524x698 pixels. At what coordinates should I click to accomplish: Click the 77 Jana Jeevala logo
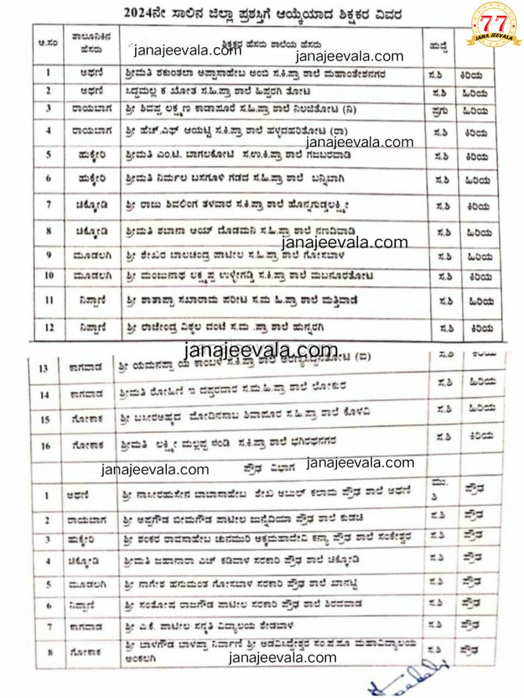(494, 25)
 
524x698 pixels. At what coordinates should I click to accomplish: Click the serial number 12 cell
(49, 327)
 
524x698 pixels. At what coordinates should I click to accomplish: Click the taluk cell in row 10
(91, 276)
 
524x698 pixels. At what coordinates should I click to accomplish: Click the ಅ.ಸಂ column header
(48, 43)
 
